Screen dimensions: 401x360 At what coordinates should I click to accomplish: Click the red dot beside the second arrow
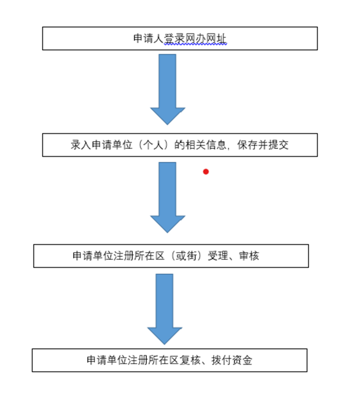coord(206,172)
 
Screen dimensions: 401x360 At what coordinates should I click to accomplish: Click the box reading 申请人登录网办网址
coord(180,38)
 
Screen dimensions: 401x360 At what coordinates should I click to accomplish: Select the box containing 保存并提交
coord(180,145)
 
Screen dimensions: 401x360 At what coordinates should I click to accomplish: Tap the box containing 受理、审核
coord(171,256)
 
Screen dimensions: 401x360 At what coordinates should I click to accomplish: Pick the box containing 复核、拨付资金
coord(169,360)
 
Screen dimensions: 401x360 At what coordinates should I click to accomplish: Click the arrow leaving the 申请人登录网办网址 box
coord(167,88)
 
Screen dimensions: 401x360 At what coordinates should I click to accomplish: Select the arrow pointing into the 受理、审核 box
coord(167,197)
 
